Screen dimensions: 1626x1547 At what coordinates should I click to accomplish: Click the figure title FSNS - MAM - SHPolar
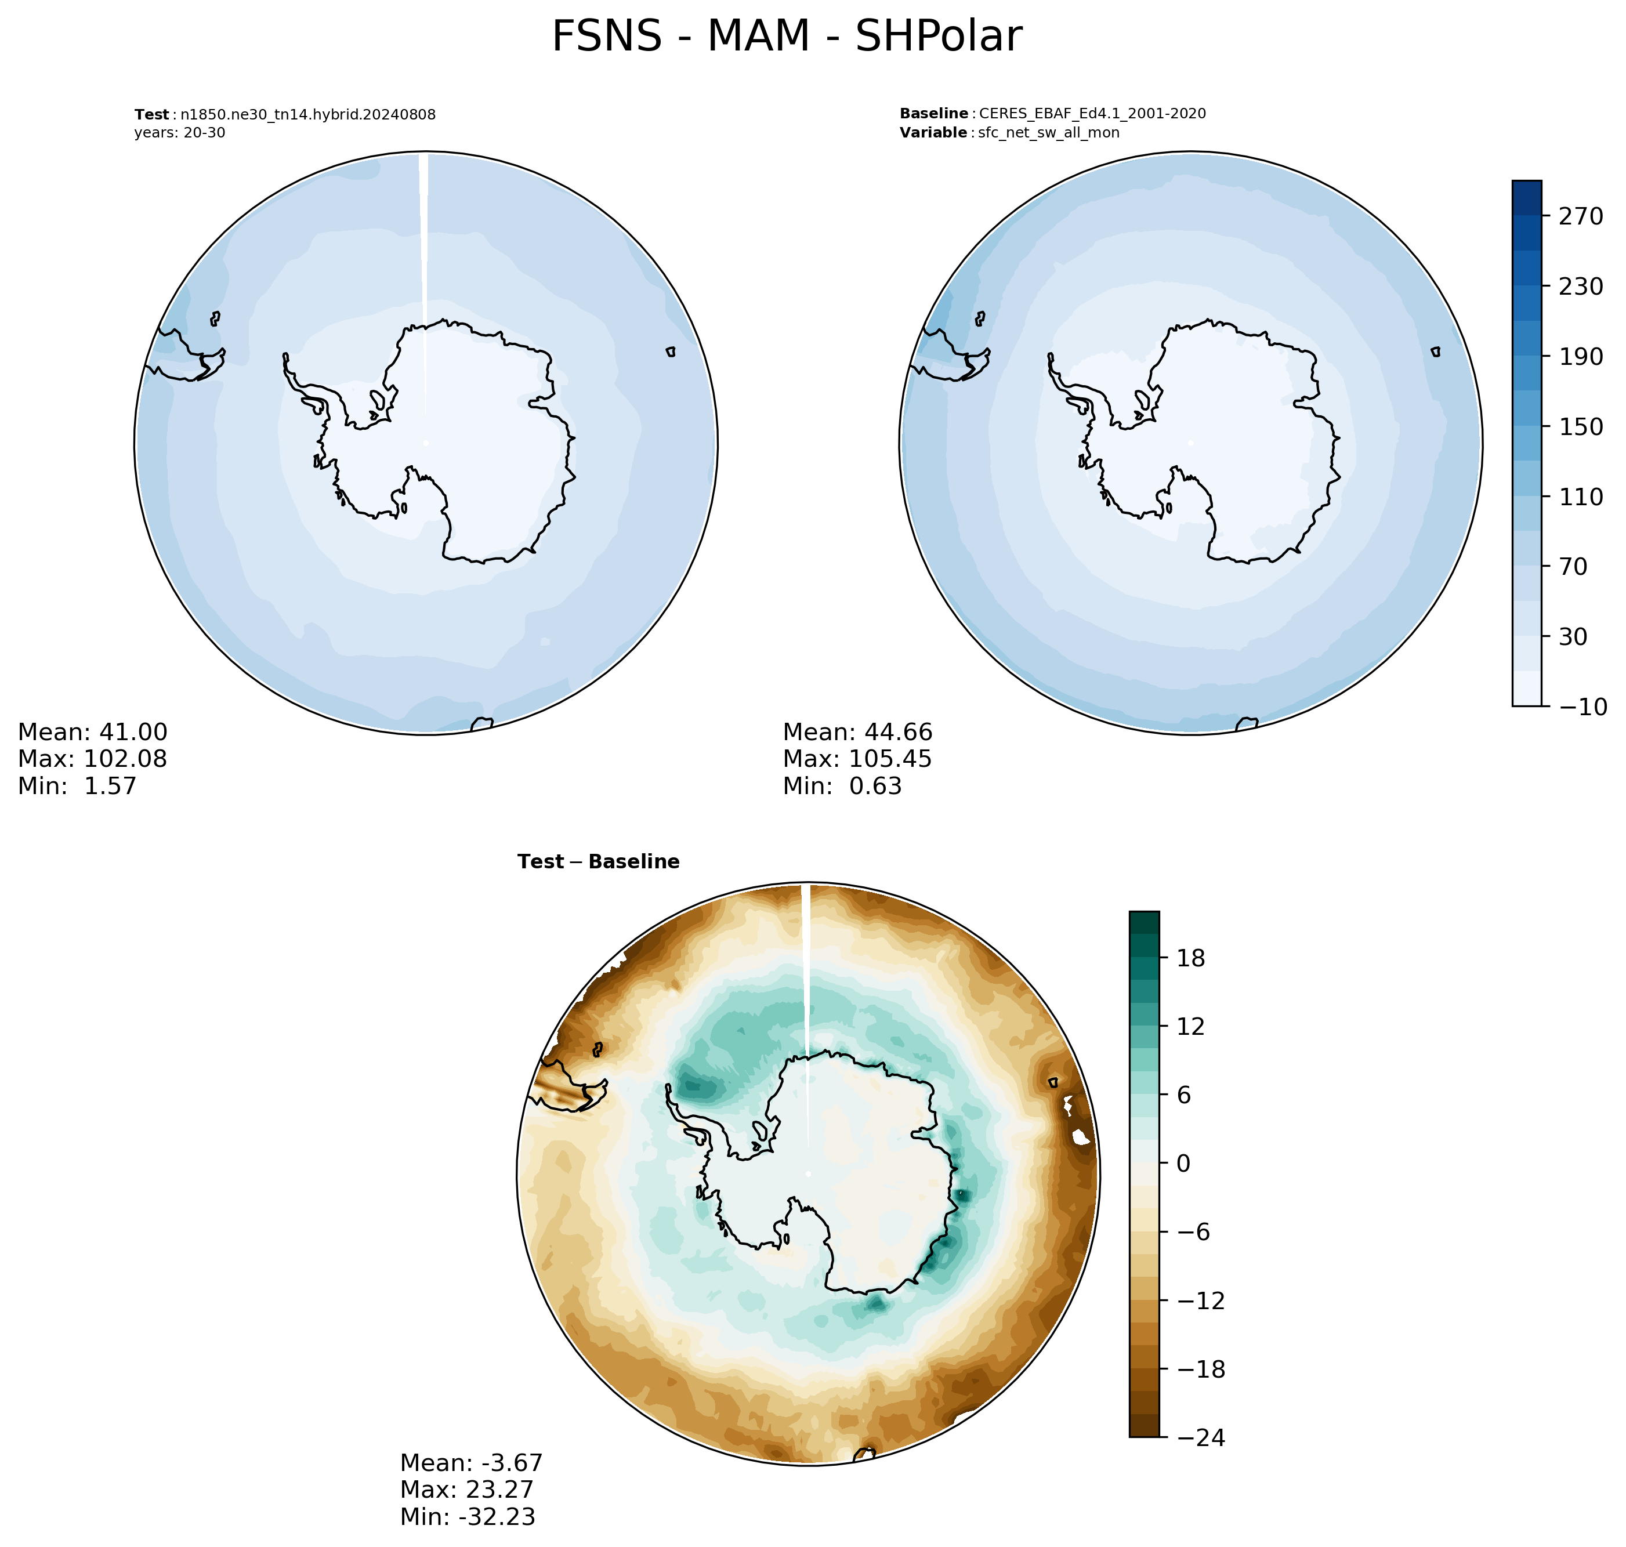[786, 37]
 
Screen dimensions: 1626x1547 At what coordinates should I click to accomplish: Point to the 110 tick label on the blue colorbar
[1580, 497]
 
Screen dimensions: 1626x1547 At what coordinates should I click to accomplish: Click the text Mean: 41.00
[92, 732]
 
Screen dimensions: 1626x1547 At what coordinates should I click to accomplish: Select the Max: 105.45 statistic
[857, 759]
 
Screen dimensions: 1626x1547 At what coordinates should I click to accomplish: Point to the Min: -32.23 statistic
[468, 1516]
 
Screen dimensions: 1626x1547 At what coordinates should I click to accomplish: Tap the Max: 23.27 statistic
[467, 1489]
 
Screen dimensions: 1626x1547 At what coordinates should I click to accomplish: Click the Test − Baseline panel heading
[599, 862]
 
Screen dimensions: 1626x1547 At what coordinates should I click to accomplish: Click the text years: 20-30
[180, 133]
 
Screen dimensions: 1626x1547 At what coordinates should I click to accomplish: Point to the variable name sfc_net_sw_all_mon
[1049, 133]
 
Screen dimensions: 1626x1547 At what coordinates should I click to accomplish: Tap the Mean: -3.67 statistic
[472, 1463]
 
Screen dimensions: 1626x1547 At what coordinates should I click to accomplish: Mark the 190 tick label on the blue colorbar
[1580, 356]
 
